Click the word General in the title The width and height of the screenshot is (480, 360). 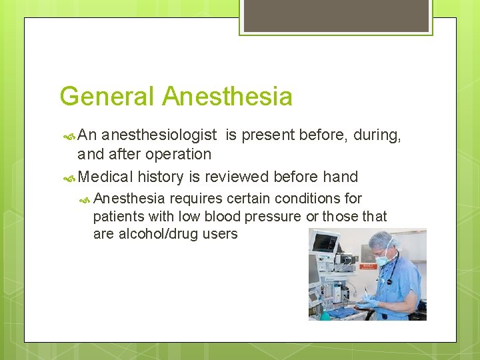click(107, 97)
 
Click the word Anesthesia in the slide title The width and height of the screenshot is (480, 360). click(227, 97)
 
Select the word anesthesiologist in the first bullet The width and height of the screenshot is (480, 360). click(159, 135)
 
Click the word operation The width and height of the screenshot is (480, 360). click(181, 154)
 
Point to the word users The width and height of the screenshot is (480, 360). click(217, 234)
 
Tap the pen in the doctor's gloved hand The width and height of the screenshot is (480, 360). click(366, 293)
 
